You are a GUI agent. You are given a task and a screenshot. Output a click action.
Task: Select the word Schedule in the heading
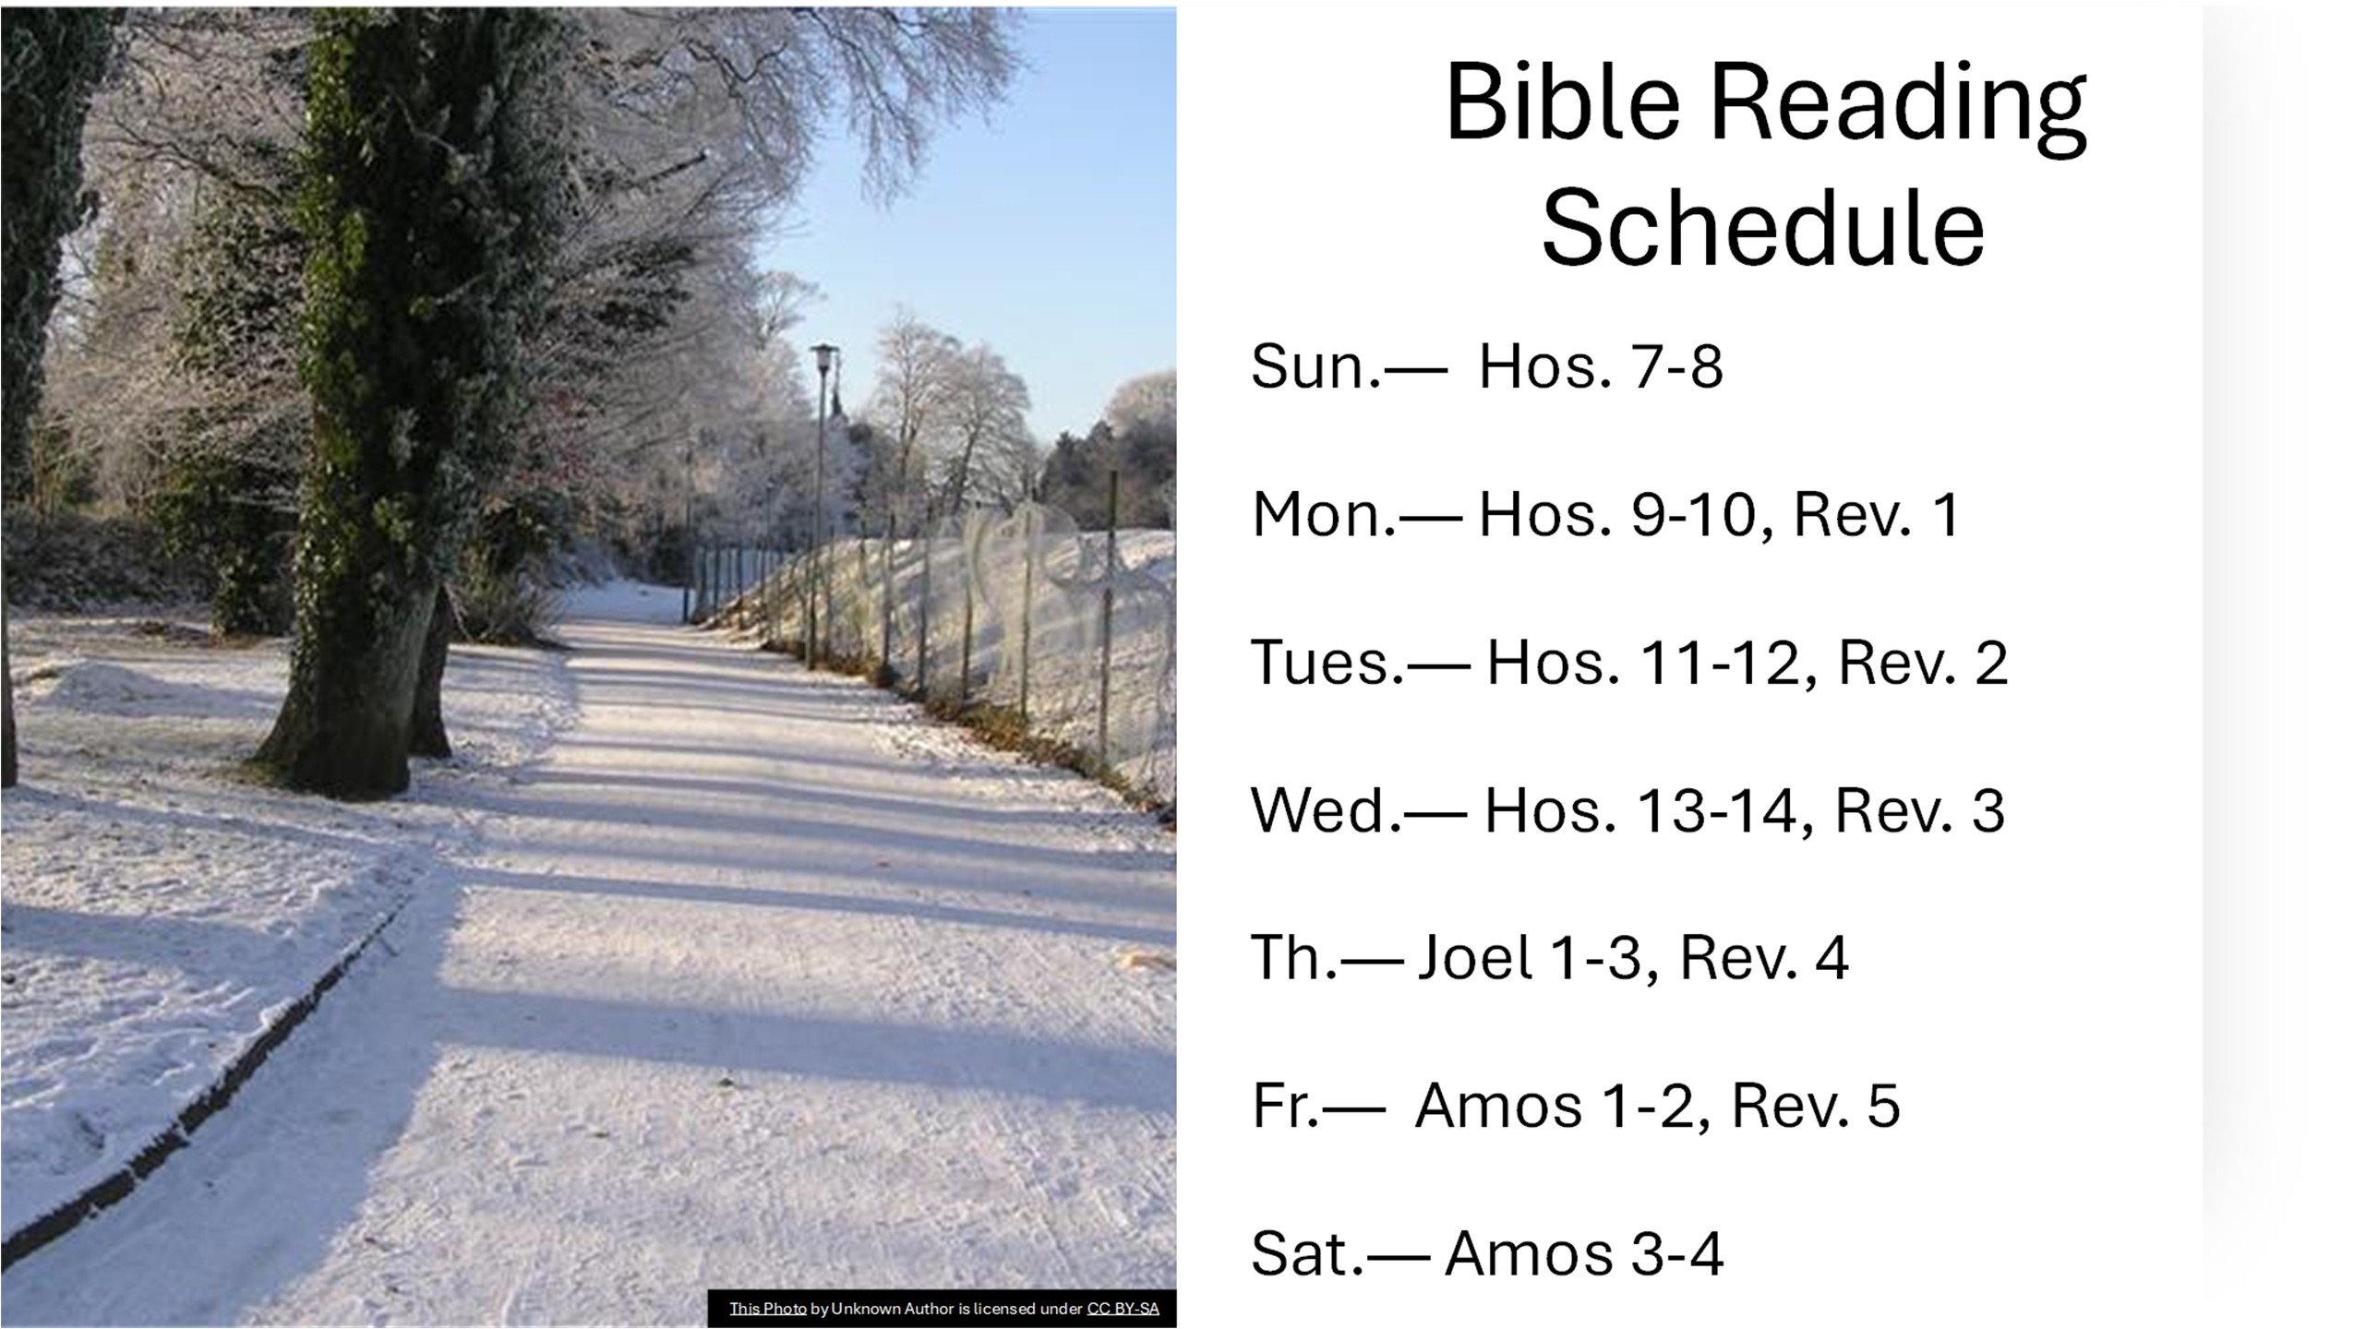1763,228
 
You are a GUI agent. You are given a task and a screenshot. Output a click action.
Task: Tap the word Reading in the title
1897,109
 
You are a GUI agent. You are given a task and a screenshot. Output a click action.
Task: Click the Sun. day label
1316,365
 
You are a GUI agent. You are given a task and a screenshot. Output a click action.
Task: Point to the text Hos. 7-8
1601,365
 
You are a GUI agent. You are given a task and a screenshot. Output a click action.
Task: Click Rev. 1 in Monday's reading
1875,514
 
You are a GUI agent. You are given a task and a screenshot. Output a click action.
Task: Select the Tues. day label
1327,662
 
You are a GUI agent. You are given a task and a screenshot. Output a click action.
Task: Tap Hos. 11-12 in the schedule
1642,662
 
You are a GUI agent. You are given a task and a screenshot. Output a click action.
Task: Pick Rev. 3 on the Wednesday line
1919,810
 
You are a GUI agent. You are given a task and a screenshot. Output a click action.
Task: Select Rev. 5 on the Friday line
1816,1106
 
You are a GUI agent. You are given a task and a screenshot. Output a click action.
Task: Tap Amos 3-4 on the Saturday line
1584,1253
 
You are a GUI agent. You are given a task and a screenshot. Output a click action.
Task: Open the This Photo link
768,1309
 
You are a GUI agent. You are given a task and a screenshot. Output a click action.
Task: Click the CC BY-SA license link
1123,1309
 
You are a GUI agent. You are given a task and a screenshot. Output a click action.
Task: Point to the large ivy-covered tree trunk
369,415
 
